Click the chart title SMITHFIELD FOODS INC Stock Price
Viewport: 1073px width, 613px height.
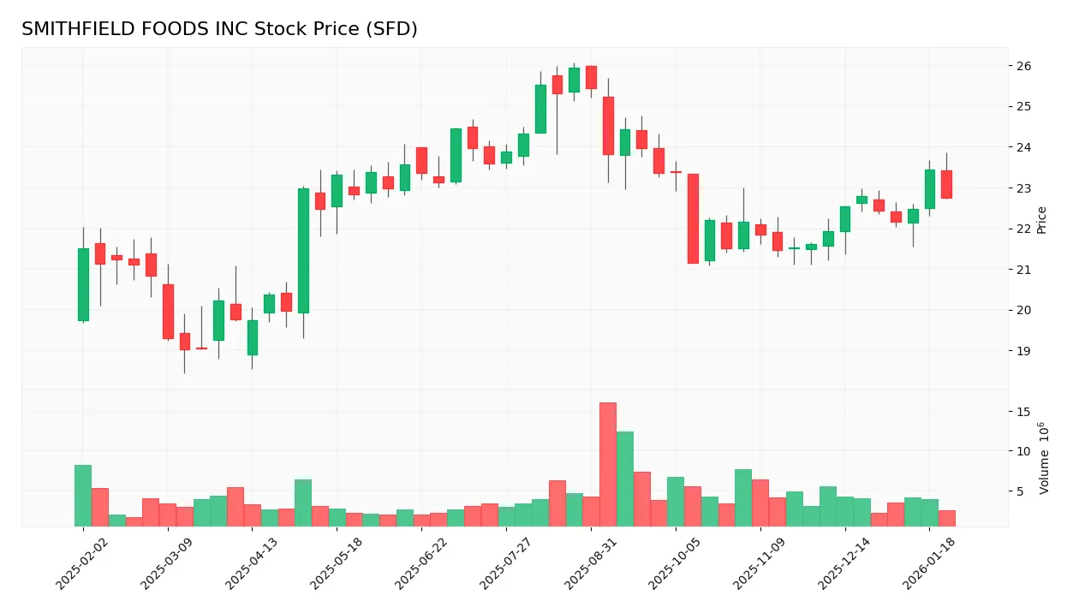coord(219,29)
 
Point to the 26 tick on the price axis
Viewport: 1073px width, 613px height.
coord(1023,66)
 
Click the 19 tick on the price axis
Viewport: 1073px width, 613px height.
coord(1023,351)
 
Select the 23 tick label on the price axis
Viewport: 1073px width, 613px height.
coord(1023,188)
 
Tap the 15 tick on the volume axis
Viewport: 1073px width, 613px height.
coord(1023,412)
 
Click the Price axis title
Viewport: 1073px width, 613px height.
coord(1042,220)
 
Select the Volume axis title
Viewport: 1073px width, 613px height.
coord(1044,458)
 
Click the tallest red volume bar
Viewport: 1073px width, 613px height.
coord(608,464)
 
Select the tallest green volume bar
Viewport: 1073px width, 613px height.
coord(625,479)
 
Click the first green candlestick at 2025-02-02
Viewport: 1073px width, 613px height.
coord(83,284)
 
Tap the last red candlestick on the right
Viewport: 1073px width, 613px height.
coord(946,184)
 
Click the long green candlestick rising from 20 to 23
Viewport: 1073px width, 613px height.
coord(303,251)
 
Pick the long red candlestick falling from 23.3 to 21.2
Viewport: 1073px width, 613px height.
coord(693,218)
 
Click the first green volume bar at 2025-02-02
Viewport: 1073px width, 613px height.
coord(83,496)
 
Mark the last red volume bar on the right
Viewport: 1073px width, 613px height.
coord(946,518)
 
